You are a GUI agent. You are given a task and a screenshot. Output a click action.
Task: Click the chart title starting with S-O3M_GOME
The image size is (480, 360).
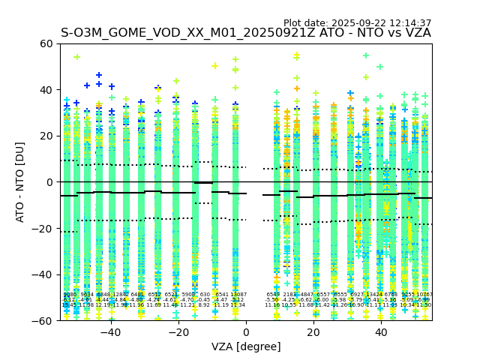[246, 33]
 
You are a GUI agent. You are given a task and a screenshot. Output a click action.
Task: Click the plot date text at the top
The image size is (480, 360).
[357, 23]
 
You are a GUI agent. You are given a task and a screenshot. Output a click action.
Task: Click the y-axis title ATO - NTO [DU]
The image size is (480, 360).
[20, 182]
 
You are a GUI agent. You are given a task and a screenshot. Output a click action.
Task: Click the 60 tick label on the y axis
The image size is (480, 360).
[46, 43]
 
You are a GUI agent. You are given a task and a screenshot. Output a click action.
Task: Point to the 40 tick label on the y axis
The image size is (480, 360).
[46, 90]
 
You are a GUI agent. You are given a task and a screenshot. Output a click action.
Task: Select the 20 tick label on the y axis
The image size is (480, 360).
[46, 136]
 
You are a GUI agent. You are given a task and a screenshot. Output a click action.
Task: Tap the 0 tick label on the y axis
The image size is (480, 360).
[49, 182]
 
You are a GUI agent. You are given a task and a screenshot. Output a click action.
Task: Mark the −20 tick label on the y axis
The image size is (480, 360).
[43, 228]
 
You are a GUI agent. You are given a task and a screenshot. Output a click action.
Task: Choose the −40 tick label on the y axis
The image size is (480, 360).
[43, 274]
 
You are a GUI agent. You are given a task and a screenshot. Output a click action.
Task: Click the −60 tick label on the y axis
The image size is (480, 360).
[43, 320]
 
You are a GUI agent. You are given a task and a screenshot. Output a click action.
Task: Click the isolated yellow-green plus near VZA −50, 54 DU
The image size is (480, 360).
[76, 57]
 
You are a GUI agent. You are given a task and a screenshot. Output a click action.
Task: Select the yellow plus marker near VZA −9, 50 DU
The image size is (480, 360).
[215, 66]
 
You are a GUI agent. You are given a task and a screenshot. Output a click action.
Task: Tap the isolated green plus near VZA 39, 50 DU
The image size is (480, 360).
[379, 67]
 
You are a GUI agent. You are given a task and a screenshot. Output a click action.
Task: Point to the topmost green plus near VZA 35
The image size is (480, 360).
[366, 55]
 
